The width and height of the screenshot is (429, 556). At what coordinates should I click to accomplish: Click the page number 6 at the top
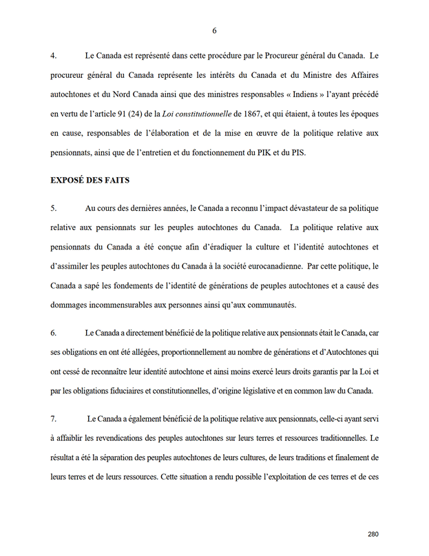tap(215, 31)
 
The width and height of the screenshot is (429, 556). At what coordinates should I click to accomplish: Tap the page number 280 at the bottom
tap(373, 533)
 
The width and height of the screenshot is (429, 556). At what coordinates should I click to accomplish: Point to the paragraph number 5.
tap(54, 207)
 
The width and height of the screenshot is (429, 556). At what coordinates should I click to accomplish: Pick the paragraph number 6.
tap(54, 333)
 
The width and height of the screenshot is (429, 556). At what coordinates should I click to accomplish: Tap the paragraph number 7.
tap(54, 419)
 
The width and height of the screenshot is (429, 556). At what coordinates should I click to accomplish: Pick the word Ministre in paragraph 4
tap(307, 74)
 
